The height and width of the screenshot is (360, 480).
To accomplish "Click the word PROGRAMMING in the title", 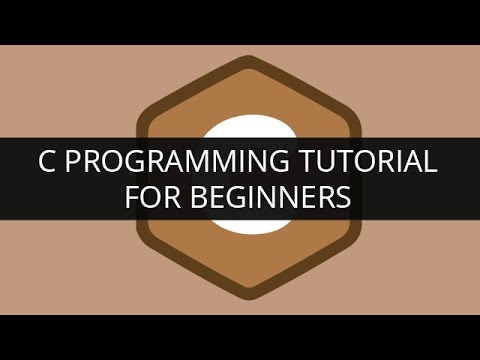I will click(x=187, y=162).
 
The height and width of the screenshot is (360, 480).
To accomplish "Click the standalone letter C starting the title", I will click(x=45, y=162).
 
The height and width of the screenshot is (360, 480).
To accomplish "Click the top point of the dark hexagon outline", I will click(x=240, y=60).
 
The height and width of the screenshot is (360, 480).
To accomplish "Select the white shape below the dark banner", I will click(x=240, y=224).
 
